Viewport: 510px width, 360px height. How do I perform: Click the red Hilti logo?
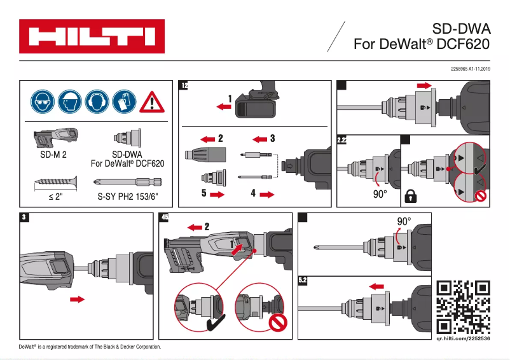tap(92, 36)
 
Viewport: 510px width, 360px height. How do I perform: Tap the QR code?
tap(464, 308)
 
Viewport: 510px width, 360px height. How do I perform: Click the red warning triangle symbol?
tap(151, 102)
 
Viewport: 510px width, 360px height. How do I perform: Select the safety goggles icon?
tap(42, 101)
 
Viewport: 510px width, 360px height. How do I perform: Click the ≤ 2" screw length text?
tap(55, 197)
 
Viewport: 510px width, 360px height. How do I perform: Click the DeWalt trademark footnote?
tap(90, 347)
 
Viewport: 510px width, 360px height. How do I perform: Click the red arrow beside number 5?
tap(217, 195)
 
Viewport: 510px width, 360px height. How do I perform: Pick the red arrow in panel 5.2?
tap(376, 286)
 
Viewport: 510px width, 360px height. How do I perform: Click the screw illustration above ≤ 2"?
tap(55, 181)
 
